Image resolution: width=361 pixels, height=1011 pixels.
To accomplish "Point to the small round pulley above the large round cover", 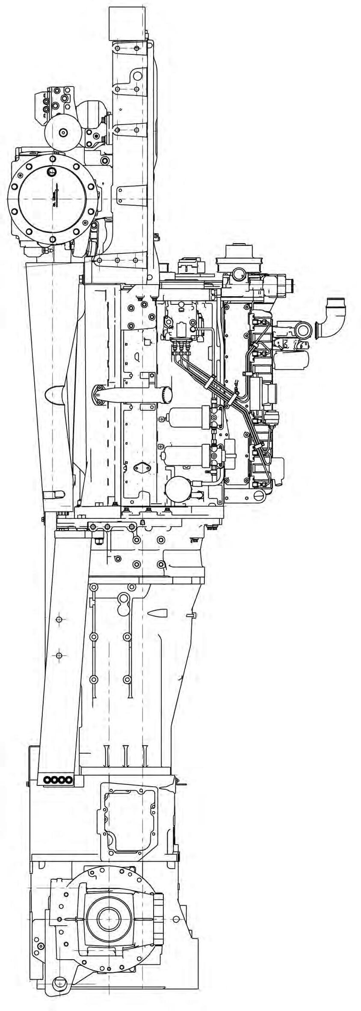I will tap(63, 133).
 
